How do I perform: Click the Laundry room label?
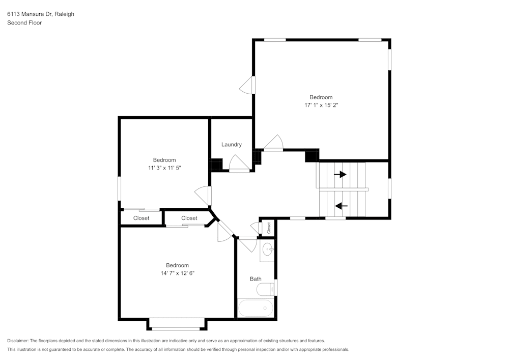coord(231,145)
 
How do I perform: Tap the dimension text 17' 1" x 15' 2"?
coord(321,105)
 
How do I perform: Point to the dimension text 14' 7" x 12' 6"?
coord(177,273)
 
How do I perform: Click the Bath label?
coord(256,279)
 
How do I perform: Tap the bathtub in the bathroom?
coord(255,308)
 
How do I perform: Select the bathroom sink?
coord(268,250)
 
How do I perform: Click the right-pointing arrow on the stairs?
coord(340,174)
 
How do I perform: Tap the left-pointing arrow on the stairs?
coord(341,206)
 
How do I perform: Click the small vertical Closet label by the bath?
coord(269,228)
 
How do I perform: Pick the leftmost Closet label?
coord(141,218)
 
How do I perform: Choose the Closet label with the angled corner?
coord(189,218)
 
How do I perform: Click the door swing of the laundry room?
coord(238,163)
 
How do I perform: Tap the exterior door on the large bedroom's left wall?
coord(247,85)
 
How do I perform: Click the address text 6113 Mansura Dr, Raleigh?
coord(40,14)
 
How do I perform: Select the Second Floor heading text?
coord(24,23)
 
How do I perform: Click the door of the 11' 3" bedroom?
coord(203,195)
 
